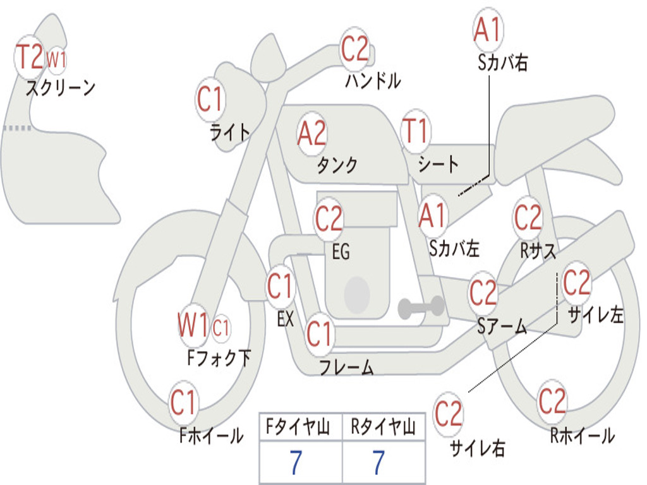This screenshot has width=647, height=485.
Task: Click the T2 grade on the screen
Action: pyautogui.click(x=29, y=57)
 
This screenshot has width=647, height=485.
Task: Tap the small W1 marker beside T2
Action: pyautogui.click(x=57, y=60)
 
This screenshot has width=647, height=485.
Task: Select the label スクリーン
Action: pyautogui.click(x=60, y=88)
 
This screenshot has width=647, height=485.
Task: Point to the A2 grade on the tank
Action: pyautogui.click(x=312, y=133)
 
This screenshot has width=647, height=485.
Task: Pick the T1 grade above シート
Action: pyautogui.click(x=415, y=131)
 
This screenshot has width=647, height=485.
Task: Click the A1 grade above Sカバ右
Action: pyautogui.click(x=487, y=30)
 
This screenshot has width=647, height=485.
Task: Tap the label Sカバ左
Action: pyautogui.click(x=454, y=248)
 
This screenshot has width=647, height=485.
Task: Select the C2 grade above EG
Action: pyautogui.click(x=329, y=219)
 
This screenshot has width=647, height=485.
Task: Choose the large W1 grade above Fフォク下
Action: pyautogui.click(x=193, y=326)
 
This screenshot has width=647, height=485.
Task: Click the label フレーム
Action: pyautogui.click(x=346, y=367)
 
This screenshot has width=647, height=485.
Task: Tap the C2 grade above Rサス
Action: pyautogui.click(x=528, y=217)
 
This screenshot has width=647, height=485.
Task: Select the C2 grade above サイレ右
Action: pyautogui.click(x=449, y=414)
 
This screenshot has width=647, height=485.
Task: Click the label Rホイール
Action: pyautogui.click(x=582, y=436)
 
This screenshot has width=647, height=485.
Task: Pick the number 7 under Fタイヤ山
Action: pyautogui.click(x=296, y=463)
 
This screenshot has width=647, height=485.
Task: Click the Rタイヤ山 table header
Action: pyautogui.click(x=383, y=428)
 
